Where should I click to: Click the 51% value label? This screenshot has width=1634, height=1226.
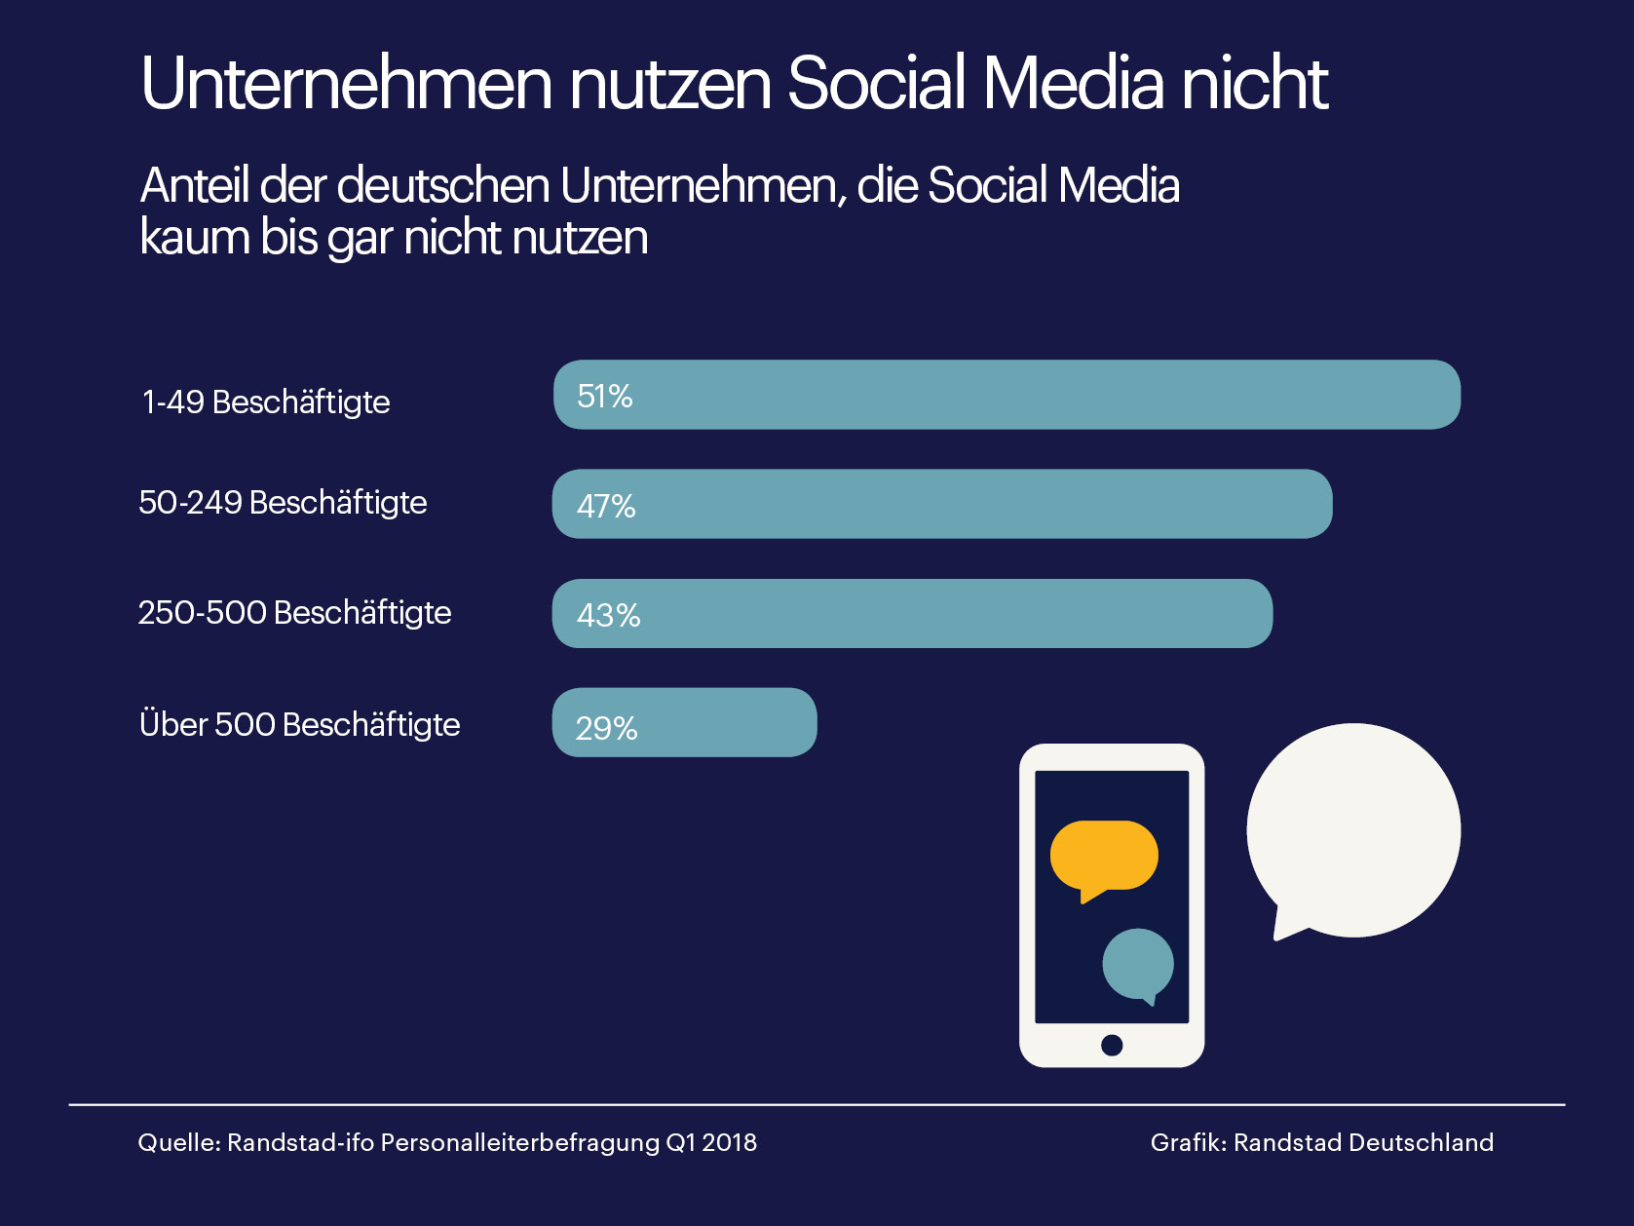click(605, 397)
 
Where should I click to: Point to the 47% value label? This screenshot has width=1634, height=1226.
click(606, 506)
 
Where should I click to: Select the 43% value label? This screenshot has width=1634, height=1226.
click(608, 615)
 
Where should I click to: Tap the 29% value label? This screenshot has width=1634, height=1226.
click(606, 728)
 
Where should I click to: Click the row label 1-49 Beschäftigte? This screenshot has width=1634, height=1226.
click(266, 402)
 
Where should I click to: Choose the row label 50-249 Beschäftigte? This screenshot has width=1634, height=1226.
click(283, 502)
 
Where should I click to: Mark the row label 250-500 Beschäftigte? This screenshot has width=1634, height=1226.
click(294, 612)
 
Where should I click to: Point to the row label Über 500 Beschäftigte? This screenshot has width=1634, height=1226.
click(299, 724)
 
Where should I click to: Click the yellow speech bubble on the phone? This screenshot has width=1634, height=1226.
click(1104, 856)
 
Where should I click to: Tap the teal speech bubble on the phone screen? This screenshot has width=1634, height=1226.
click(1137, 963)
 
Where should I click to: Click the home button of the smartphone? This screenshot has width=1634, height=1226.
click(1112, 1045)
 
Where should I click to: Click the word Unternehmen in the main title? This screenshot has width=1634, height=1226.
click(347, 84)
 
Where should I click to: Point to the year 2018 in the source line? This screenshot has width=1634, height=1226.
click(729, 1142)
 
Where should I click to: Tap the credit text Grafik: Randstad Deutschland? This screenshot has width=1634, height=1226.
click(1321, 1142)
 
